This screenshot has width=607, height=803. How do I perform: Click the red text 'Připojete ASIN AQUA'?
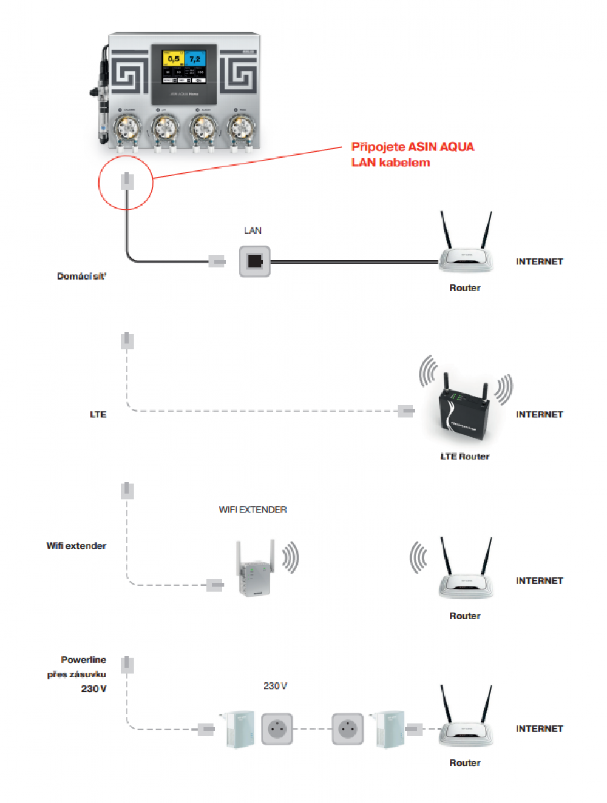412,147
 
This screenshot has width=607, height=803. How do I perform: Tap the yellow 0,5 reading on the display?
173,59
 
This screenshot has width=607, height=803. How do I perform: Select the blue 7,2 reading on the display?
195,59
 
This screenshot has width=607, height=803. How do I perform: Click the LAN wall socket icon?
254,261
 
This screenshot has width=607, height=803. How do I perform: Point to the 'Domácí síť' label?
81,277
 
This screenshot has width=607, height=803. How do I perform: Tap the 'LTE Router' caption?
464,457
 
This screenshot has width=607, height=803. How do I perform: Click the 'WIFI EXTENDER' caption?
253,510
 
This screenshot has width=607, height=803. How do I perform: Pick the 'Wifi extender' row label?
76,546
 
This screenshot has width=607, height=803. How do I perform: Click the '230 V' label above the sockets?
275,686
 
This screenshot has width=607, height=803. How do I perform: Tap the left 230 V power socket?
277,728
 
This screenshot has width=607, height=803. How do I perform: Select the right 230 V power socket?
348,728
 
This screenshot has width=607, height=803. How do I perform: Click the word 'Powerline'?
83,660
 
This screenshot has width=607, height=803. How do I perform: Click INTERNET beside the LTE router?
539,414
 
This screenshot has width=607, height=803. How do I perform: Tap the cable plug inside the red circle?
126,181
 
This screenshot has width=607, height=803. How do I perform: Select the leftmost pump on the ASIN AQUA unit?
126,129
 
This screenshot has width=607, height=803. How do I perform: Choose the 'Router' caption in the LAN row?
464,288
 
